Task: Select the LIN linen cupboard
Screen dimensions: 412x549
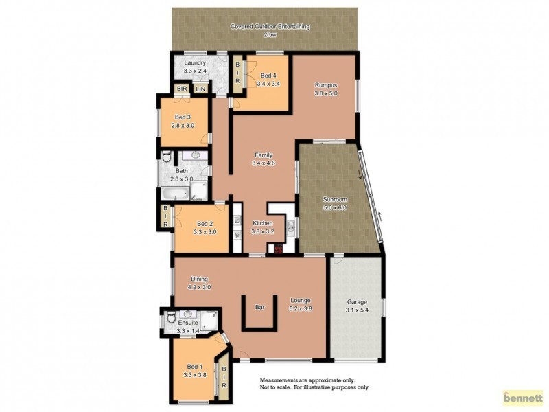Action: coord(200,89)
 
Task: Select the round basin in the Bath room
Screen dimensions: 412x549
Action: coord(195,156)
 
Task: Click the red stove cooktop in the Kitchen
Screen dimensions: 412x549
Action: coord(279,249)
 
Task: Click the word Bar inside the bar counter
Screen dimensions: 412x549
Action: coord(260,308)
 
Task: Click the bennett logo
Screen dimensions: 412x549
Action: coord(523,396)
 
